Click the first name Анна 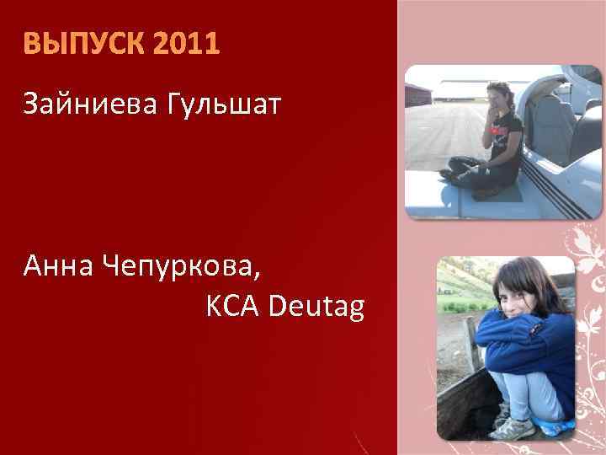coord(59,269)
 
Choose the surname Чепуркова coord(181,269)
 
